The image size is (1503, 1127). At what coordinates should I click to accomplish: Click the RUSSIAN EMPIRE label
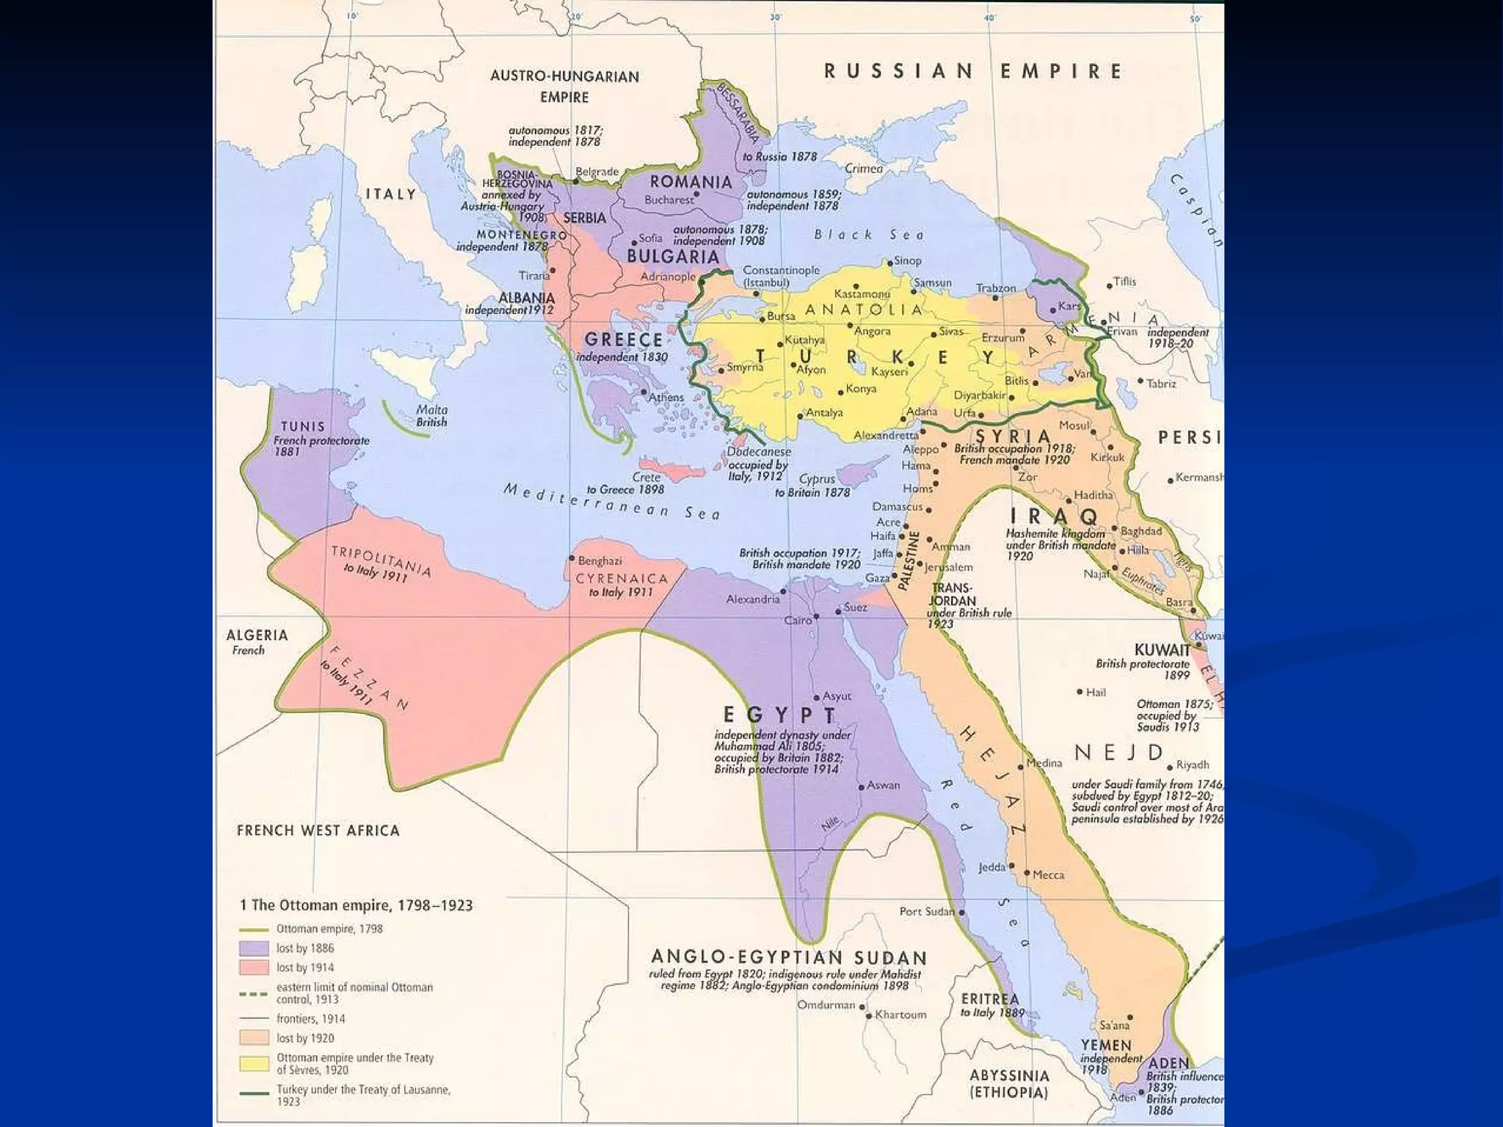click(x=973, y=71)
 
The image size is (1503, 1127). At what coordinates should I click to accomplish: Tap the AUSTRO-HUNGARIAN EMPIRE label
click(x=564, y=86)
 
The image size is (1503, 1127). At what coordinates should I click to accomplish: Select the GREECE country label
click(x=623, y=340)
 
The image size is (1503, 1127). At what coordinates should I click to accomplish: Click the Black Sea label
click(x=869, y=235)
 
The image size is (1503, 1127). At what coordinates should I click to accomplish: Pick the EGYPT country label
click(x=779, y=715)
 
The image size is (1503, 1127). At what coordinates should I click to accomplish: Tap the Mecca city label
click(x=1048, y=875)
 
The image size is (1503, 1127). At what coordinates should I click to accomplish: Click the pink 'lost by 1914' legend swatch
click(x=254, y=968)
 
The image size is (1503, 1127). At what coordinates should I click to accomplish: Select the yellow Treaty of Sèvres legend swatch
click(x=254, y=1063)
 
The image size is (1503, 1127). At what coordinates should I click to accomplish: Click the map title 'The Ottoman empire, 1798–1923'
click(x=357, y=905)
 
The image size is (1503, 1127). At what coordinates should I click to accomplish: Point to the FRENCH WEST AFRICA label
click(x=318, y=831)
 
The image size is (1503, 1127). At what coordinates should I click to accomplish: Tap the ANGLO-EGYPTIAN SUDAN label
click(x=789, y=958)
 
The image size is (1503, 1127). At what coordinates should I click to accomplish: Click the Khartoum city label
click(x=900, y=1015)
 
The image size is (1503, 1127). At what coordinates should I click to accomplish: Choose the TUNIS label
click(x=302, y=426)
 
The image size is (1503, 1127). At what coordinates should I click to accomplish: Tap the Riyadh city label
click(x=1193, y=765)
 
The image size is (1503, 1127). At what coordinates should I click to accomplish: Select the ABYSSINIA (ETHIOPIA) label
click(x=1009, y=1084)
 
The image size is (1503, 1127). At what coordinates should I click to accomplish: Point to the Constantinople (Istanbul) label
click(x=780, y=276)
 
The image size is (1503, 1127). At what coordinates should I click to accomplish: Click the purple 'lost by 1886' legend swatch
click(x=254, y=949)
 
